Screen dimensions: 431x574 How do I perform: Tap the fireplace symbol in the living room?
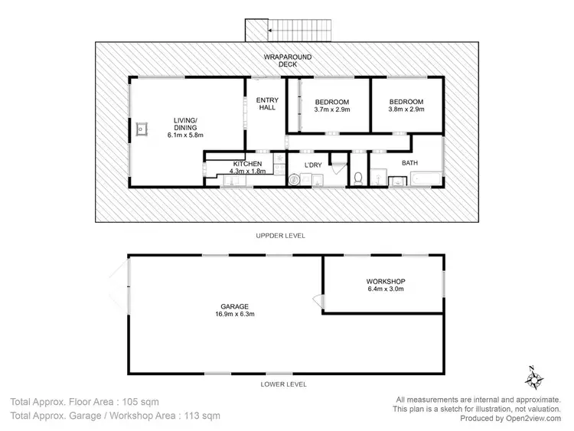tap(142, 129)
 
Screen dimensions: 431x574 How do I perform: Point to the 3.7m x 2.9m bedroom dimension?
tap(331, 110)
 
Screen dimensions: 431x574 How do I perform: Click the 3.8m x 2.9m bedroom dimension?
tap(406, 110)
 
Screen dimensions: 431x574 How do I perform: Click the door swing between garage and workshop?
tap(318, 299)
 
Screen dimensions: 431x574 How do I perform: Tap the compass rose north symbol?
tap(534, 377)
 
